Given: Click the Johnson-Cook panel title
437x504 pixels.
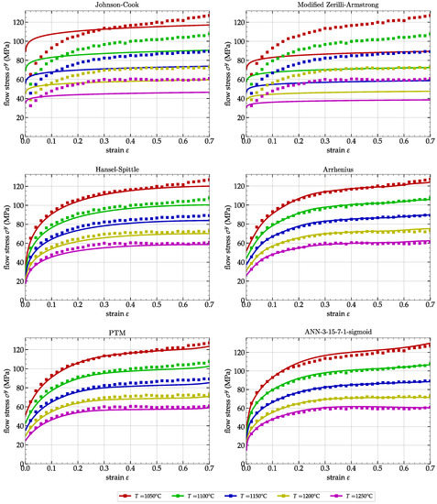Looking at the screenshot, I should (114, 5).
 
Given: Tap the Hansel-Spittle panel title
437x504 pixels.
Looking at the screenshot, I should (114, 170).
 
